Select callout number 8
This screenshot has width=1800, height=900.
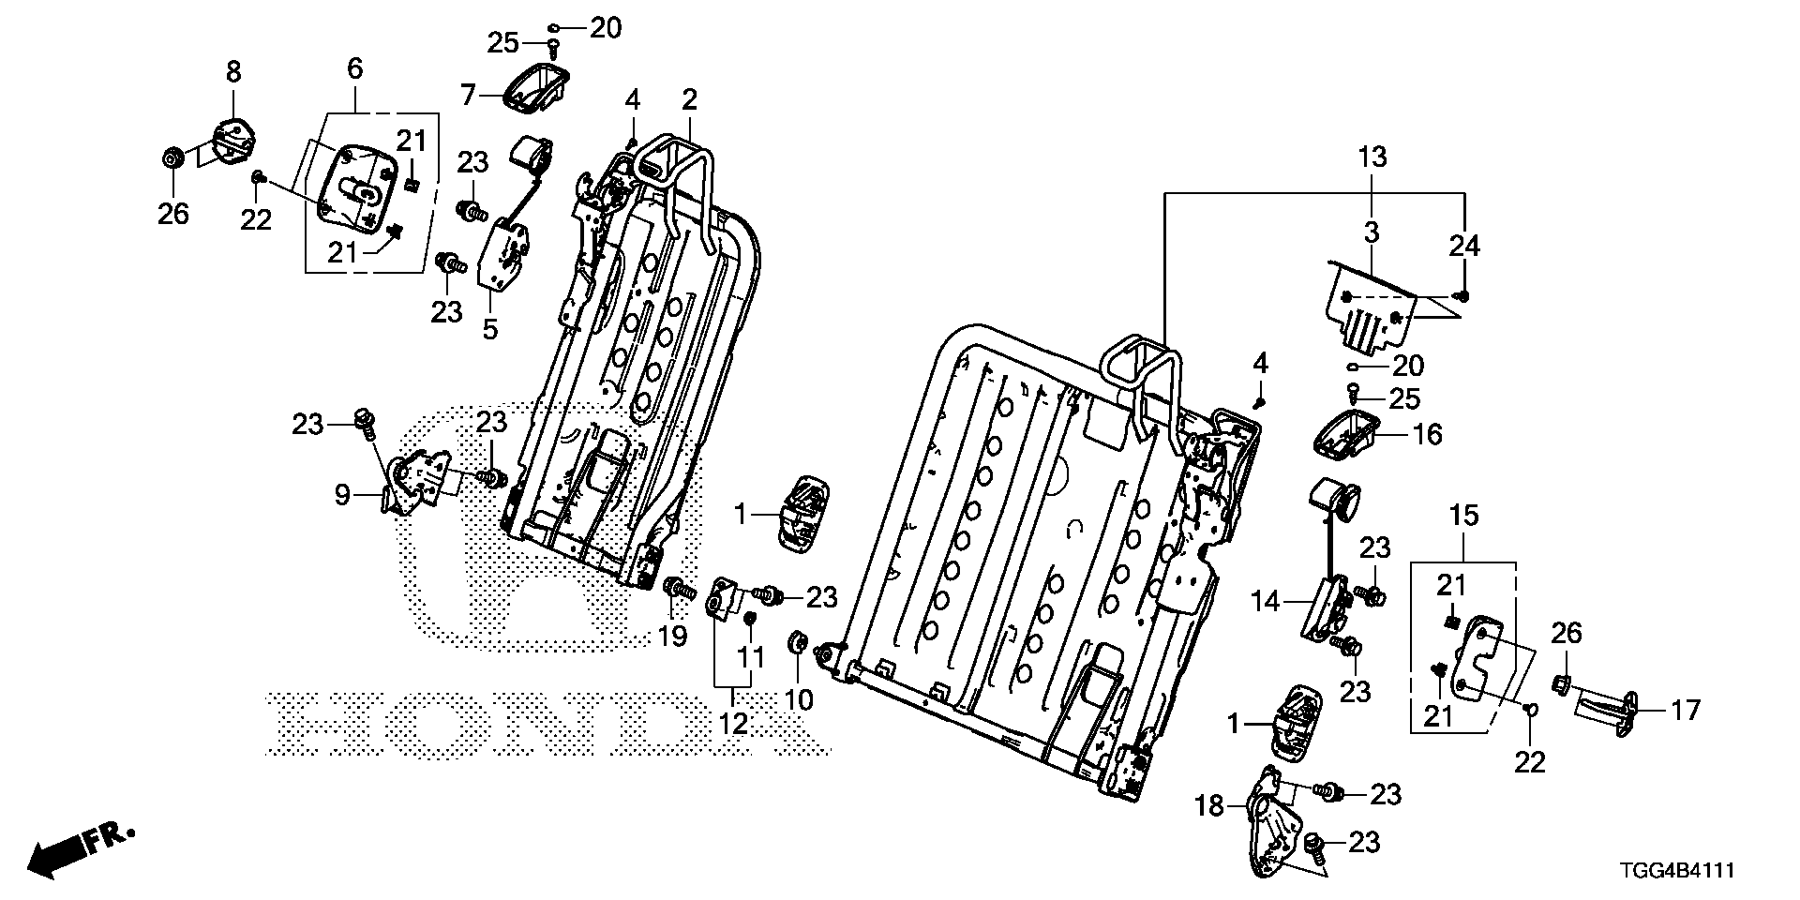tap(232, 71)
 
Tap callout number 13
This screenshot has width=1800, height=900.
tap(1372, 157)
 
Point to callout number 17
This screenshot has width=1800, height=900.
tap(1685, 711)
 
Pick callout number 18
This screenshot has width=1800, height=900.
tap(1210, 805)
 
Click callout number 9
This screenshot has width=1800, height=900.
tap(343, 494)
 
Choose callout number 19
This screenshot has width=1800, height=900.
tap(672, 636)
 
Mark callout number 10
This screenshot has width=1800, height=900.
tap(798, 699)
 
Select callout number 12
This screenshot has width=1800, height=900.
tap(734, 724)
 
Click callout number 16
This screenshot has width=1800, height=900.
tap(1428, 434)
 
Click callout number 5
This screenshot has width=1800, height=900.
tap(489, 328)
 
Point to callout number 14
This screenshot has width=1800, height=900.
tap(1267, 601)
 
